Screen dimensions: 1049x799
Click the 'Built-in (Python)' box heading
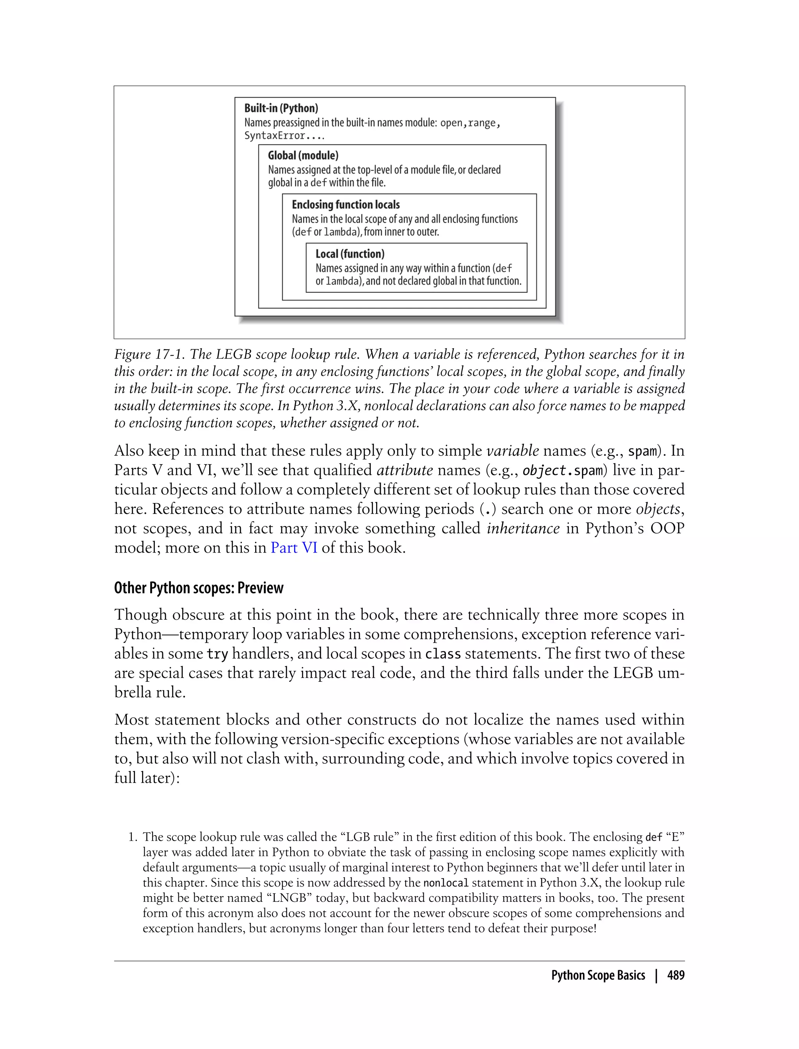281,108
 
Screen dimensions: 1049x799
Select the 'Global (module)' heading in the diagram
303,156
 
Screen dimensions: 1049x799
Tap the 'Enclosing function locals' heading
345,204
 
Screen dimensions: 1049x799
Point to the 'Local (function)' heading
350,254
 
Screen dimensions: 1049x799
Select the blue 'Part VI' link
293,548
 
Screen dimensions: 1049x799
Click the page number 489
675,975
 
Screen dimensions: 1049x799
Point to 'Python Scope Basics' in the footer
598,975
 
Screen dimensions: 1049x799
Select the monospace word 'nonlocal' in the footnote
446,883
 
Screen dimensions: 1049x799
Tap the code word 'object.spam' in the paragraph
563,471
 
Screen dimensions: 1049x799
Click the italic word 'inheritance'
523,528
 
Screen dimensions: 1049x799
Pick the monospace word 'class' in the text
442,654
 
